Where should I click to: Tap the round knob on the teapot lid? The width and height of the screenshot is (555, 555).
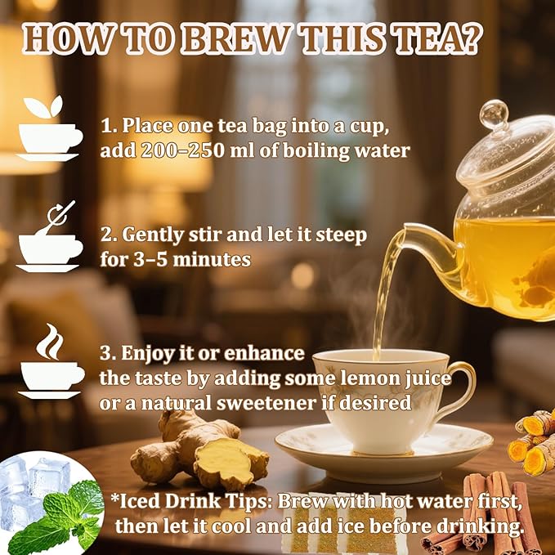pos(495,115)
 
